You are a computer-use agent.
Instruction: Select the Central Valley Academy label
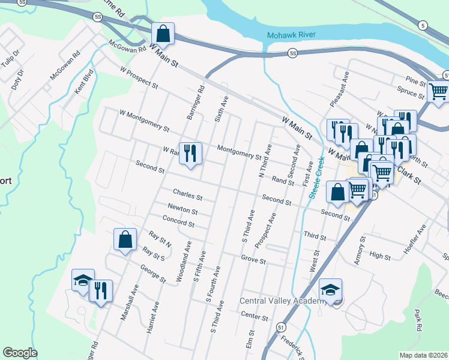tap(283, 301)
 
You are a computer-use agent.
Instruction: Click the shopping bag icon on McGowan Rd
tap(163, 34)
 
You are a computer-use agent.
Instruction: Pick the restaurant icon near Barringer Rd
tap(190, 154)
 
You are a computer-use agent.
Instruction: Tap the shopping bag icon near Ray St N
tap(124, 239)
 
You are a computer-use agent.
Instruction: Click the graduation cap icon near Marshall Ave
tap(83, 280)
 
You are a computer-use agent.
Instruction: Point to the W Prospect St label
tap(139, 78)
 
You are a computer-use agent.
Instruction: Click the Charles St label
tap(188, 195)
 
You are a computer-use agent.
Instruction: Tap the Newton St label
tap(183, 210)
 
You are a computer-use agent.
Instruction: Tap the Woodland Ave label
tap(184, 262)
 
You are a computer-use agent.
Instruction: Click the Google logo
tap(20, 353)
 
